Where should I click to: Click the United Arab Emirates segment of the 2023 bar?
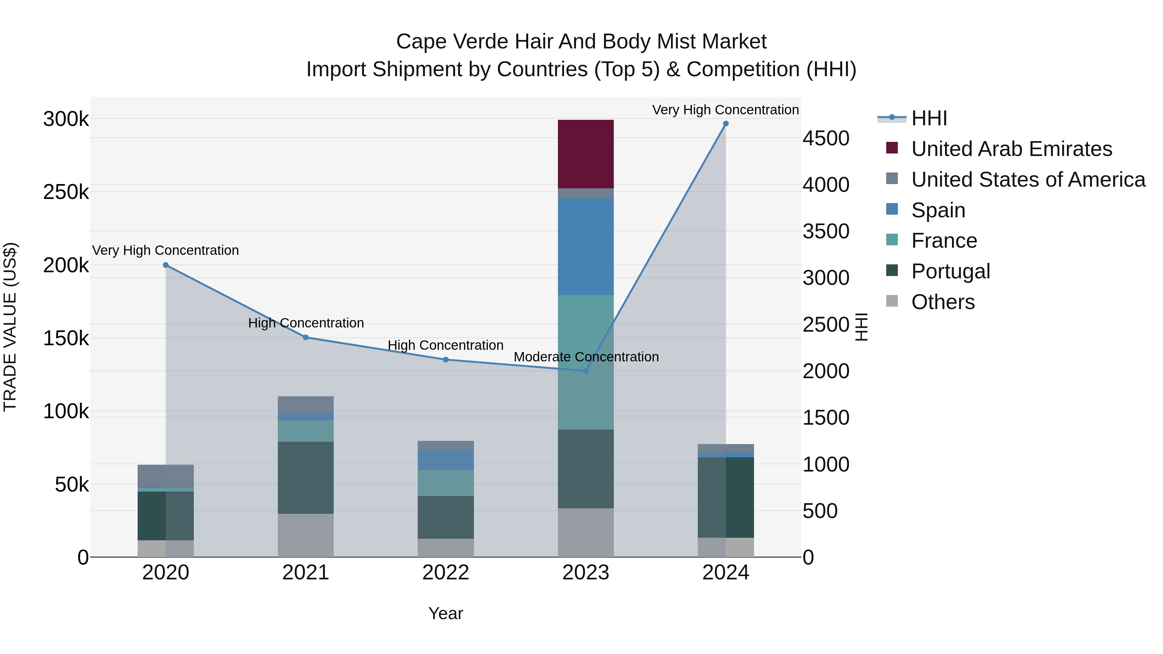[586, 154]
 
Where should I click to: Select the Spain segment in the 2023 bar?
[586, 247]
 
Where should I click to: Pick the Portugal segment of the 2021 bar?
[306, 478]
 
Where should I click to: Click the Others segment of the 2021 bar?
[306, 535]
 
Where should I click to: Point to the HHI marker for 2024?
[726, 124]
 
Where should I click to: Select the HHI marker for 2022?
[445, 360]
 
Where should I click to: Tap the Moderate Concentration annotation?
[586, 357]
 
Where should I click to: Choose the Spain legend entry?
[938, 210]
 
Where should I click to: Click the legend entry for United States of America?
[1028, 180]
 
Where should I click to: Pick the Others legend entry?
[943, 302]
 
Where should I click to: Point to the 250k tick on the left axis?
[66, 192]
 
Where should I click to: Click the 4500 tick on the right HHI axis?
[826, 139]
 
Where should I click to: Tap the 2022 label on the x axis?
[445, 573]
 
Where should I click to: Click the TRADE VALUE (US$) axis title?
[10, 327]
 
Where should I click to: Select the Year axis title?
[445, 613]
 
